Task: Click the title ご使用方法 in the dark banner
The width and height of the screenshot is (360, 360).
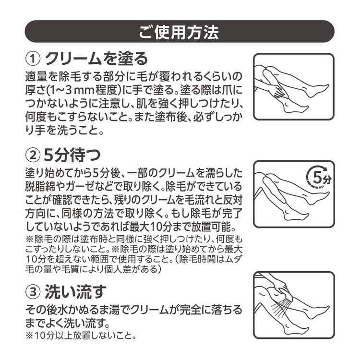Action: click(x=179, y=32)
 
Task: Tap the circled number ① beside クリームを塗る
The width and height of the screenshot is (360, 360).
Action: click(x=33, y=59)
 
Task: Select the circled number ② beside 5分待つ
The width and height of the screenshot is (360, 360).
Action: click(x=33, y=156)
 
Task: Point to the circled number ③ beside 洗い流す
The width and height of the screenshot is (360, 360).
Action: click(x=33, y=292)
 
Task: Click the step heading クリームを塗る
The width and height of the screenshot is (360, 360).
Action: click(x=96, y=59)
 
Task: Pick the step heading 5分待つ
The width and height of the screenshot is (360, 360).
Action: click(x=72, y=155)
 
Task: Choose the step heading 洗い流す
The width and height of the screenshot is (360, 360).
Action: click(x=75, y=291)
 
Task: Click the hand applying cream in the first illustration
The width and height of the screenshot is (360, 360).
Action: click(x=276, y=91)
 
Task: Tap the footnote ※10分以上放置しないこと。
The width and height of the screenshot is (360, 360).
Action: click(x=81, y=336)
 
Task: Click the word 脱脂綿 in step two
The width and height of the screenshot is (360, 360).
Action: click(x=40, y=186)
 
